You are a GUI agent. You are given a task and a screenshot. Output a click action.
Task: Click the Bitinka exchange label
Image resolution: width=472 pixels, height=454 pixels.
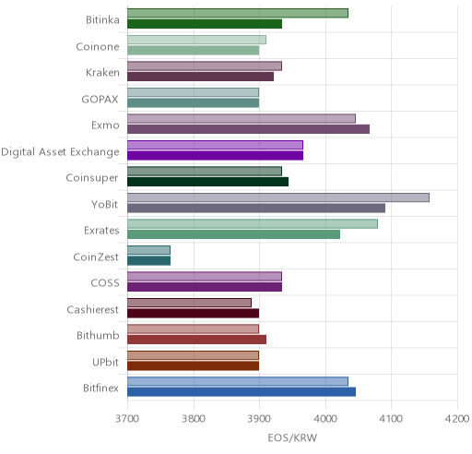(x=102, y=20)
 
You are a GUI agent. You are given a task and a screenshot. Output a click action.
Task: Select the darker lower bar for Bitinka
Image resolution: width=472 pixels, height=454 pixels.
(x=205, y=24)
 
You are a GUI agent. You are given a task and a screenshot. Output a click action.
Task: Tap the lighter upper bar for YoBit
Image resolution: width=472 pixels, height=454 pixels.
(x=278, y=197)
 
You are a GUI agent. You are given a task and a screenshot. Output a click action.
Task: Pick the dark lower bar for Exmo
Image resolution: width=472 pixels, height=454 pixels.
(x=249, y=129)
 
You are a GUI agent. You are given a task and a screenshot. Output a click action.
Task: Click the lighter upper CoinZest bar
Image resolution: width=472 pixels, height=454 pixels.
(x=148, y=250)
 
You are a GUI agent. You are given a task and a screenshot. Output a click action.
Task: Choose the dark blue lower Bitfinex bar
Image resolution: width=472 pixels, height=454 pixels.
(x=242, y=392)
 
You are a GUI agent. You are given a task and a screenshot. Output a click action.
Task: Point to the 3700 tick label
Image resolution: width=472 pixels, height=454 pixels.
(x=127, y=419)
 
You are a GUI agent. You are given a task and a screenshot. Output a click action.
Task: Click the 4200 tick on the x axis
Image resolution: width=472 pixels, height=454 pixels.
(x=457, y=419)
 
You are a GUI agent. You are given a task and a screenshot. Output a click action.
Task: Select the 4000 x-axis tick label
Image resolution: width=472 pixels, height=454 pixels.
(x=325, y=419)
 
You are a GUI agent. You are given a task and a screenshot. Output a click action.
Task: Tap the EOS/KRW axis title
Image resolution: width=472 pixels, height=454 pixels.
(x=292, y=437)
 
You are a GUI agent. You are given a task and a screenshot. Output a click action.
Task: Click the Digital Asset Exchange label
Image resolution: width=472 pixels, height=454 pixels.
(x=60, y=152)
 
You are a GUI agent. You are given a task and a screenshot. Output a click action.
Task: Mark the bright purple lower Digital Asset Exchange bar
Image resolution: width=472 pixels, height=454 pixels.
(x=216, y=156)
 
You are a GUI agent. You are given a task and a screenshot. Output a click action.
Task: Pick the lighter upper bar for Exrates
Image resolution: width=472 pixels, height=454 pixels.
(x=253, y=224)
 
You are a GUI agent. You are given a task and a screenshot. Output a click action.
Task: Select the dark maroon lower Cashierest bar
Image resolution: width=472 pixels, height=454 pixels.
(x=194, y=314)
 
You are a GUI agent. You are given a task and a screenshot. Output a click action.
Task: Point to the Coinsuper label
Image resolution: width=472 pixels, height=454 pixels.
(x=92, y=178)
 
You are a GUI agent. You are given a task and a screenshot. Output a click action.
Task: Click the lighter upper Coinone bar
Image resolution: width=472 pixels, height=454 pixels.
(x=196, y=40)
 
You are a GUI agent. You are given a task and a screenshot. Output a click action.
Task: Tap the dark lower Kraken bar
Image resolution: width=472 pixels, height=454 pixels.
(x=201, y=77)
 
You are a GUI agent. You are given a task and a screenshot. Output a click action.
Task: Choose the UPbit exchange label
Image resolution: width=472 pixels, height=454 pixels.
(x=105, y=362)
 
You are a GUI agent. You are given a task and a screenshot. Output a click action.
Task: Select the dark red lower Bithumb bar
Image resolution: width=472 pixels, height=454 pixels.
(x=197, y=340)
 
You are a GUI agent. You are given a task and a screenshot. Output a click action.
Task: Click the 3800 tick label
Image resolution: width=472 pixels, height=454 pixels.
(x=194, y=419)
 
